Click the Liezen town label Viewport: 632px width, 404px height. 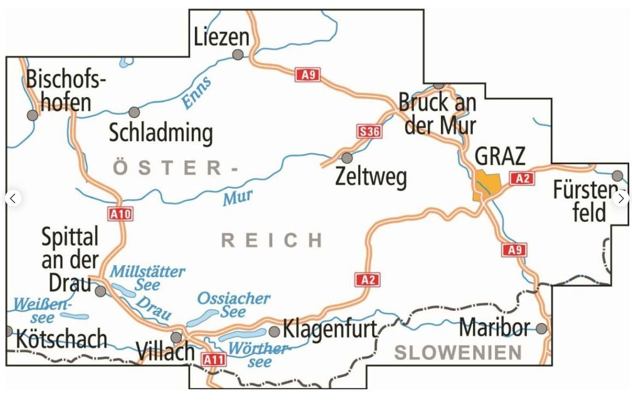222,38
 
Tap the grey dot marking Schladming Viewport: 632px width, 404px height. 134,112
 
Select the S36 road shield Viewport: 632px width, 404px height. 369,131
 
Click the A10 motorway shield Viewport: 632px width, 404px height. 121,214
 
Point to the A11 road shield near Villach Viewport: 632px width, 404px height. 213,359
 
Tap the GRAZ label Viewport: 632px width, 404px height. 500,156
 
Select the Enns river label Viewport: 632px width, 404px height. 196,92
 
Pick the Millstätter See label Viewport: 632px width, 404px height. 147,277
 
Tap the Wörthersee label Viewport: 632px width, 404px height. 257,354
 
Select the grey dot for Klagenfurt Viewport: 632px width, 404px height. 274,331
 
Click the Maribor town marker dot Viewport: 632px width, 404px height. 541,328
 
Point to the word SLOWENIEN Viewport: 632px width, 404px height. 458,353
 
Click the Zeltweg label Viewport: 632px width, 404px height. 371,177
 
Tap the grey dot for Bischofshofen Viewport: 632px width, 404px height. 33,115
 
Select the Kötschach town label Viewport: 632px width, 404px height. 62,340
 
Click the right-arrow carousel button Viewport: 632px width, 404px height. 621,198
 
